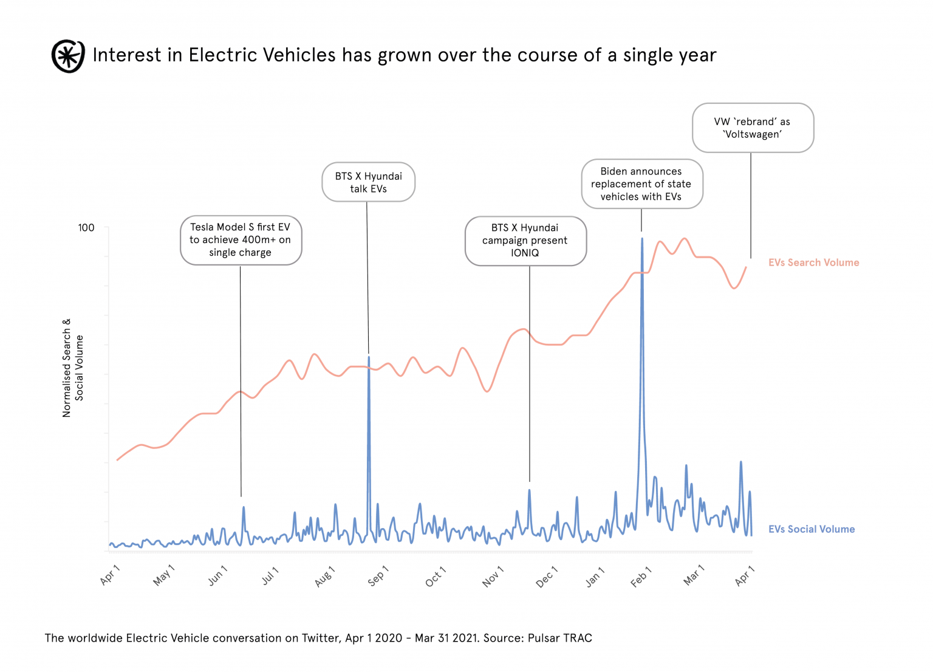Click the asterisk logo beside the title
[x=68, y=56]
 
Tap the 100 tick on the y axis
[x=86, y=228]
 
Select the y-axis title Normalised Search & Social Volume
[x=73, y=368]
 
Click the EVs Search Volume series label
[x=813, y=262]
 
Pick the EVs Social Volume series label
[x=811, y=529]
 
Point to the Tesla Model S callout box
[x=241, y=240]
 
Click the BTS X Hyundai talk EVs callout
[x=368, y=182]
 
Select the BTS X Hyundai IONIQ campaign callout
[x=525, y=241]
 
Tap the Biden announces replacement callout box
[x=641, y=184]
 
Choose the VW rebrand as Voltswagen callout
[x=752, y=128]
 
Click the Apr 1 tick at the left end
[x=110, y=575]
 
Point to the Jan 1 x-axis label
[x=595, y=577]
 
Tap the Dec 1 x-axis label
[x=546, y=577]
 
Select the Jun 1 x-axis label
[x=217, y=575]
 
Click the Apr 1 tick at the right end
[x=744, y=575]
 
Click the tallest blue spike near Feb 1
[x=642, y=240]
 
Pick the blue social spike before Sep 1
[x=369, y=358]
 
